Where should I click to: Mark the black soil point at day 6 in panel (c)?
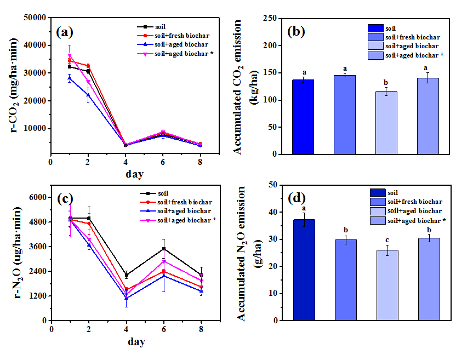pos(163,249)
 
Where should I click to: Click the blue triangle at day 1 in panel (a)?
pos(70,78)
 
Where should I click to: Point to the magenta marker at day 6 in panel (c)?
pos(163,261)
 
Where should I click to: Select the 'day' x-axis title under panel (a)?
pos(134,174)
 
